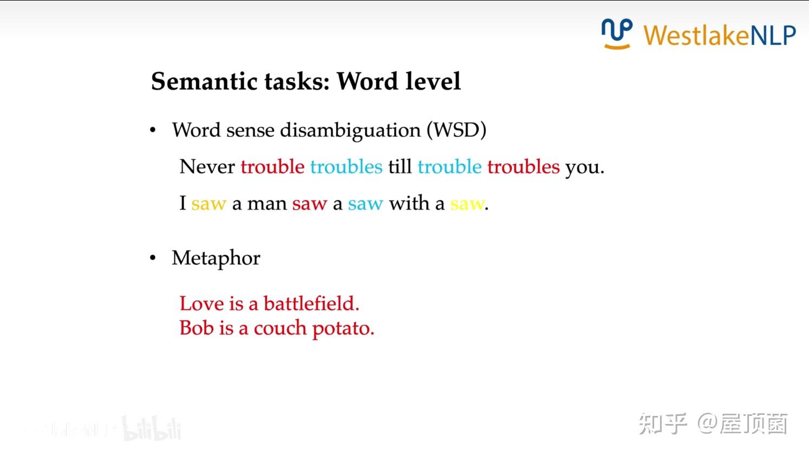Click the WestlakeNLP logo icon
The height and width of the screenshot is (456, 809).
pos(616,34)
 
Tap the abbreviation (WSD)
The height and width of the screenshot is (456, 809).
pos(456,131)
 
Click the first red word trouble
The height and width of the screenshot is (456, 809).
pos(272,167)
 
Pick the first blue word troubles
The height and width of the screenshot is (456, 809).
pos(346,167)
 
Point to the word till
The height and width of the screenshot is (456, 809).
pos(400,167)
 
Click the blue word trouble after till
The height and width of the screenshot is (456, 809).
pos(449,167)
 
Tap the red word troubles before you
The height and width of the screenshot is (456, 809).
pos(523,167)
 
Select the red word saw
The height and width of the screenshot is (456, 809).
pos(309,204)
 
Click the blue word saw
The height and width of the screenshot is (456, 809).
pos(365,204)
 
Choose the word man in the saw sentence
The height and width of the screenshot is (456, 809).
pos(266,204)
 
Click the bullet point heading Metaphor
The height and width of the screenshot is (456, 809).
pos(216,258)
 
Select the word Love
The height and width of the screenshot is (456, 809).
pos(201,304)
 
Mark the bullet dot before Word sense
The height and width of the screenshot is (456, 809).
pos(153,131)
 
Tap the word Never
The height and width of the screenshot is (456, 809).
pos(207,167)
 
